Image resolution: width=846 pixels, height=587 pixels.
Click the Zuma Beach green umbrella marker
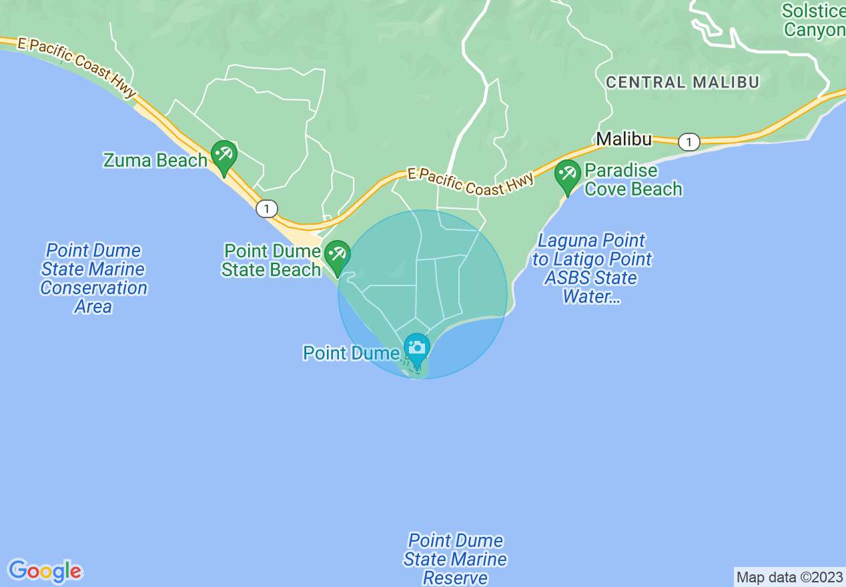224,155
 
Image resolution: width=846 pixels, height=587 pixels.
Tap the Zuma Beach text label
155,161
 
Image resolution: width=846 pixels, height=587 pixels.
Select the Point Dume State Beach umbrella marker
338,255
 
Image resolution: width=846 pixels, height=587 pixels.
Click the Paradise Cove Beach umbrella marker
567,174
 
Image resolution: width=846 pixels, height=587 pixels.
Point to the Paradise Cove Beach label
633,180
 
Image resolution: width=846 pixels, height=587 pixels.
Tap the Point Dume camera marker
417,348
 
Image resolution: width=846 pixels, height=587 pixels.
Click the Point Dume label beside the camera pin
351,353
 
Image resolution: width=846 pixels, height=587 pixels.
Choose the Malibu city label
624,139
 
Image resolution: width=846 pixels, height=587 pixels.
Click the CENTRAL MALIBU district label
683,83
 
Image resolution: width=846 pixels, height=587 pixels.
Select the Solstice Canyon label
813,21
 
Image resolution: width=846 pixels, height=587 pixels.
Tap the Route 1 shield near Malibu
689,141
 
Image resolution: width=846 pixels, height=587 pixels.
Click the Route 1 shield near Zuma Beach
266,209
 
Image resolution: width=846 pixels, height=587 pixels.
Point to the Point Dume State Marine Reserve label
455,559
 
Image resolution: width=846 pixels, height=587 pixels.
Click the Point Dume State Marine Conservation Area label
93,279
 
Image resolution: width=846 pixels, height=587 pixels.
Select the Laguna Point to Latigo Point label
592,268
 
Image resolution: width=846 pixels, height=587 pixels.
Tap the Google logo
45,571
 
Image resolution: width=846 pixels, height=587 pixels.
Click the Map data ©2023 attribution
789,577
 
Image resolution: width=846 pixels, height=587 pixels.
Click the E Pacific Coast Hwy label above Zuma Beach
77,66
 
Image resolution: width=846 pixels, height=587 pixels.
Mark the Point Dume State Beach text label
272,260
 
